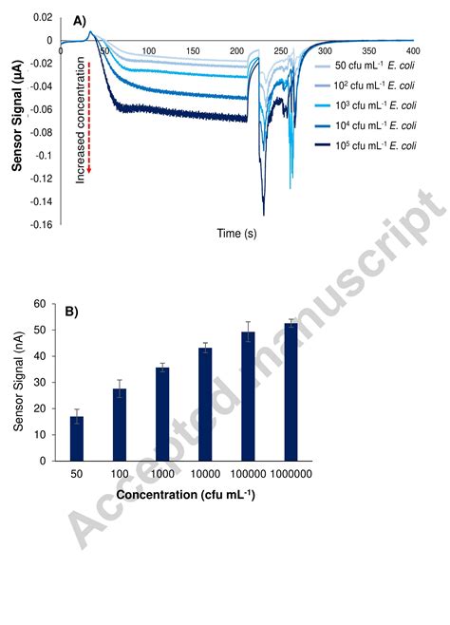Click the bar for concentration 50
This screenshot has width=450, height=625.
point(77,438)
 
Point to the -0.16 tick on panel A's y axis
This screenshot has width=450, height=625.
point(40,224)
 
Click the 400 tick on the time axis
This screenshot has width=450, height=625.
point(411,50)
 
